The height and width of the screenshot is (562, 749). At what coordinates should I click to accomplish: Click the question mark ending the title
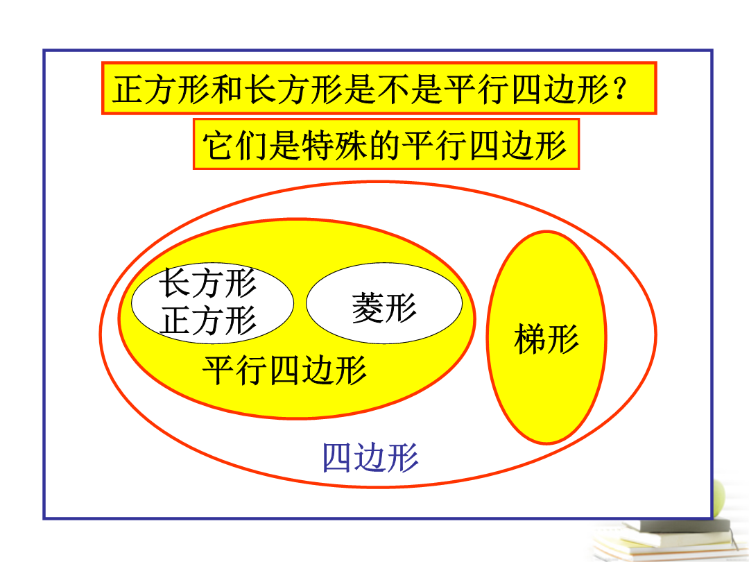click(621, 90)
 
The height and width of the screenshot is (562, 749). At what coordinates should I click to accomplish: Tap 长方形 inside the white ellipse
click(208, 283)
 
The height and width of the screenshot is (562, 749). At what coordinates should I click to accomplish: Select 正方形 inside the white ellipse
click(208, 321)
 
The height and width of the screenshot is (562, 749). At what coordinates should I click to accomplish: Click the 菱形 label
click(384, 307)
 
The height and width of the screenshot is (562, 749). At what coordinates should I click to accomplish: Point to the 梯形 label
click(546, 339)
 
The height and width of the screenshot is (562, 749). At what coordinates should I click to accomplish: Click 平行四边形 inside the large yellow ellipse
click(285, 370)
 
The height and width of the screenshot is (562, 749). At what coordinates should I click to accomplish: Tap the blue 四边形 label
click(370, 457)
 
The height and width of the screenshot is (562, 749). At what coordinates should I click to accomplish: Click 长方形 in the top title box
click(294, 90)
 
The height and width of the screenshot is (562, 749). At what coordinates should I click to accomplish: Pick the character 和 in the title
click(227, 90)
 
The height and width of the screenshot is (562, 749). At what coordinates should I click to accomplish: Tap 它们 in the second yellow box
click(235, 145)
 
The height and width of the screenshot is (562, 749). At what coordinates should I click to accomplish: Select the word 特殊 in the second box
click(334, 145)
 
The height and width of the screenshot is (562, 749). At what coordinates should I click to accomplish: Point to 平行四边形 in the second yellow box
click(484, 145)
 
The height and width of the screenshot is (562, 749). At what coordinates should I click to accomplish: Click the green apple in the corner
click(719, 499)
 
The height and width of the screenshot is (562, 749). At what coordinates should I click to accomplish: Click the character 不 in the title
click(394, 90)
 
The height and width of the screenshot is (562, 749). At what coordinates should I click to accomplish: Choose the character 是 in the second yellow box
click(285, 145)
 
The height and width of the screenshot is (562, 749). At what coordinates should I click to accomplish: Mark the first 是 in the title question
click(360, 90)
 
